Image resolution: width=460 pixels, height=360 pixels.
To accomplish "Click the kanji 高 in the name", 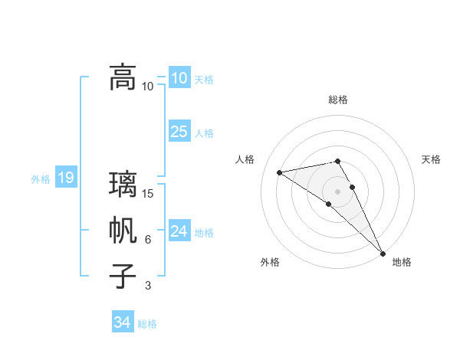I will pyautogui.click(x=123, y=77).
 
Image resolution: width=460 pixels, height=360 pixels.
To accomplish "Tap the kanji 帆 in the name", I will pyautogui.click(x=123, y=231).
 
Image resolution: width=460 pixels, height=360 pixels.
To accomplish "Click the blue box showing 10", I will pyautogui.click(x=179, y=77).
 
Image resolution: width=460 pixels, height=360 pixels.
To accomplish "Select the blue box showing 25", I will pyautogui.click(x=179, y=132).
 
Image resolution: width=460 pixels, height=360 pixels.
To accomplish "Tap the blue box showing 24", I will pyautogui.click(x=179, y=231).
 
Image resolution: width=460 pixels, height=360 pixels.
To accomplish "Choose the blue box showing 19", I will pyautogui.click(x=65, y=178).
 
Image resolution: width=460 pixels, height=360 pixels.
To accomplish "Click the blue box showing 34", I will pyautogui.click(x=122, y=322).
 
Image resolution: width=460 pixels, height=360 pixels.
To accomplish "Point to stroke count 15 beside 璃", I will pyautogui.click(x=148, y=193).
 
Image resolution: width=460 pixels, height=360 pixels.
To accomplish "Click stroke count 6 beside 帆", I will pyautogui.click(x=148, y=240).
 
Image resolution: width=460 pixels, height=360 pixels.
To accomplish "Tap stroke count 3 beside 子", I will pyautogui.click(x=148, y=286).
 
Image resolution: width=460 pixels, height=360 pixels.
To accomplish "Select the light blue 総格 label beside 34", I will pyautogui.click(x=147, y=324).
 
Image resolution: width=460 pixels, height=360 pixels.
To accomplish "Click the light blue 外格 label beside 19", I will pyautogui.click(x=41, y=179).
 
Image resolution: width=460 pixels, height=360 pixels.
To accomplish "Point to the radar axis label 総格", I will pyautogui.click(x=338, y=100).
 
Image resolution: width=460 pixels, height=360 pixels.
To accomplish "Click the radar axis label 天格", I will pyautogui.click(x=432, y=159).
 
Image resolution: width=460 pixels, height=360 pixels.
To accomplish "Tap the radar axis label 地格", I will pyautogui.click(x=402, y=262).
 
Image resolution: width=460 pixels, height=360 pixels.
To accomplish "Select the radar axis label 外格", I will pyautogui.click(x=270, y=262).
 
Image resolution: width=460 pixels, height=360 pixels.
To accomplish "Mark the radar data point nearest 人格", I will pyautogui.click(x=279, y=172).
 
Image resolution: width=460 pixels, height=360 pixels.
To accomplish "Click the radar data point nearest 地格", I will pyautogui.click(x=382, y=253).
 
